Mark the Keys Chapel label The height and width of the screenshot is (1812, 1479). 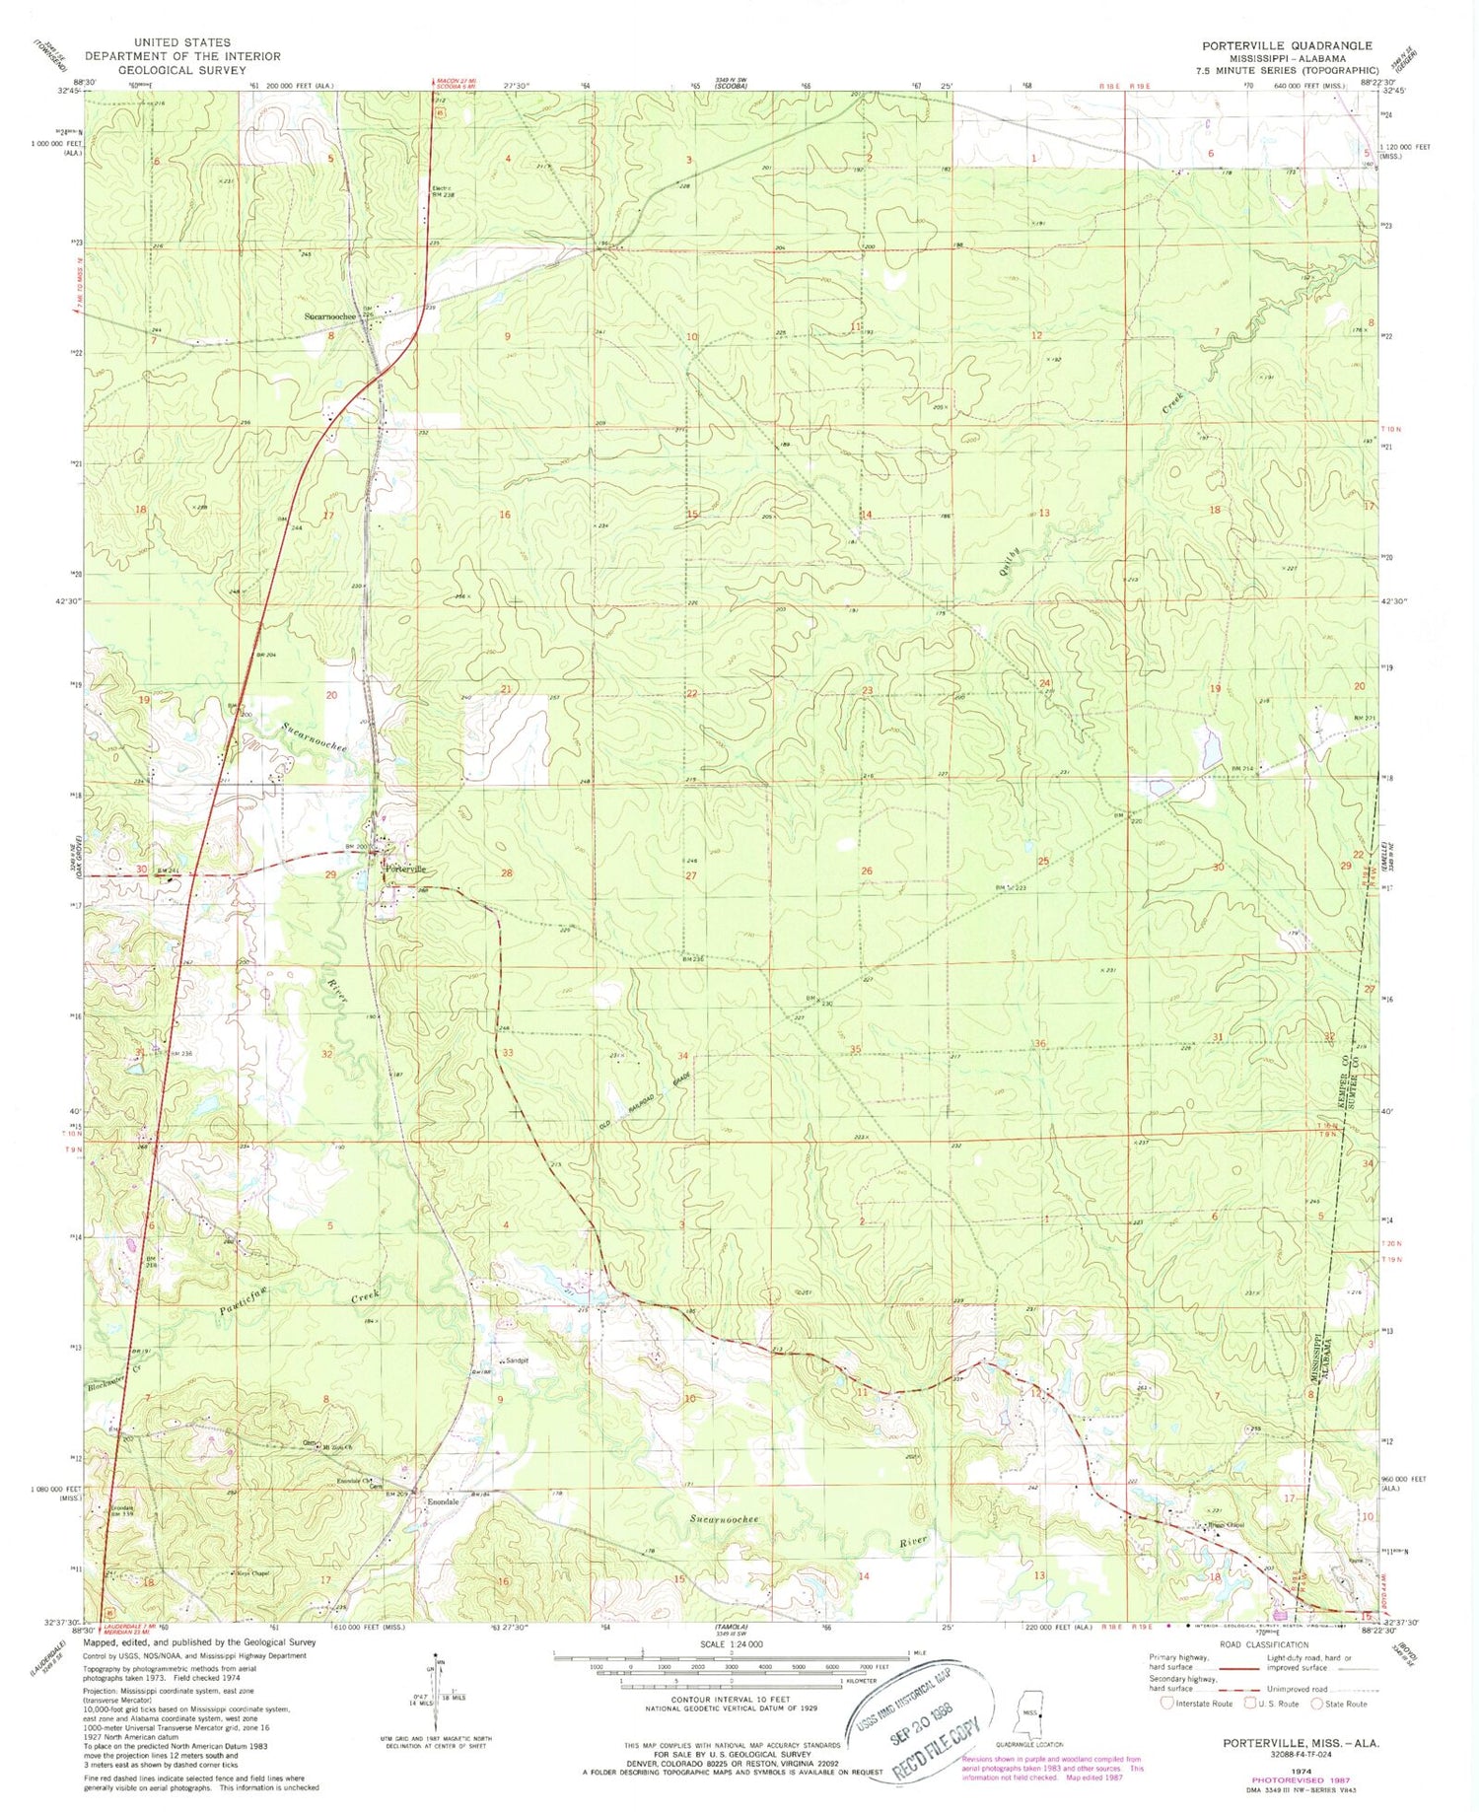point(251,1573)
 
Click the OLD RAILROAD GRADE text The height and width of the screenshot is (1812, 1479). point(645,1099)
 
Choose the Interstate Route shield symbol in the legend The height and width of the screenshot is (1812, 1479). point(1168,1703)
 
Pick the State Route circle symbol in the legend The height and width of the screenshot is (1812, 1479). point(1318,1703)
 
